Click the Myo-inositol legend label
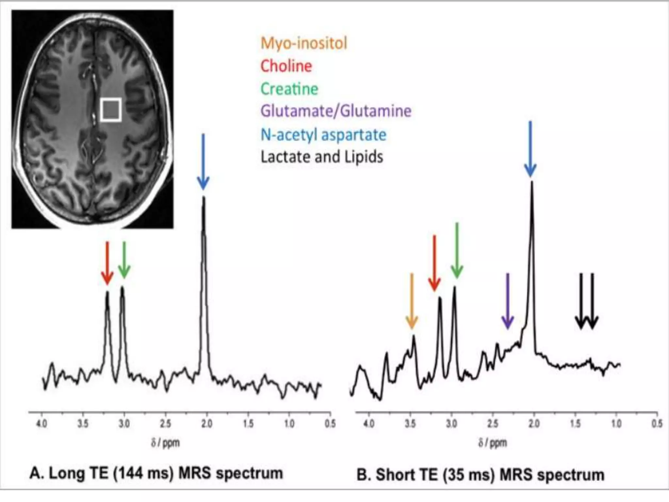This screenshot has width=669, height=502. coord(303,43)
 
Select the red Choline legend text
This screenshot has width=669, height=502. coord(286,66)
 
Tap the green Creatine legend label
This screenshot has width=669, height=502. coord(289,89)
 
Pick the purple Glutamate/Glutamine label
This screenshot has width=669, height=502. coord(336,111)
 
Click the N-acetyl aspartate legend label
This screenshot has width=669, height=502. coord(323,135)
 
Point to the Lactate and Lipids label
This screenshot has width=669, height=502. coord(322,157)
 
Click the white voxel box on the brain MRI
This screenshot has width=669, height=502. coord(111,110)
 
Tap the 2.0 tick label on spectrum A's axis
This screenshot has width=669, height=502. coord(207,424)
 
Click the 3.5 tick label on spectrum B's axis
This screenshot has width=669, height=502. coord(410,424)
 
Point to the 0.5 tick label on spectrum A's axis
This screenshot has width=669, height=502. coord(330,424)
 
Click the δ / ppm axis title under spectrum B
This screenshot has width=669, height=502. coord(493,443)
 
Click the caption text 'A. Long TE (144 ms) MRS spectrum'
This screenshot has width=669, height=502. coord(156,473)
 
